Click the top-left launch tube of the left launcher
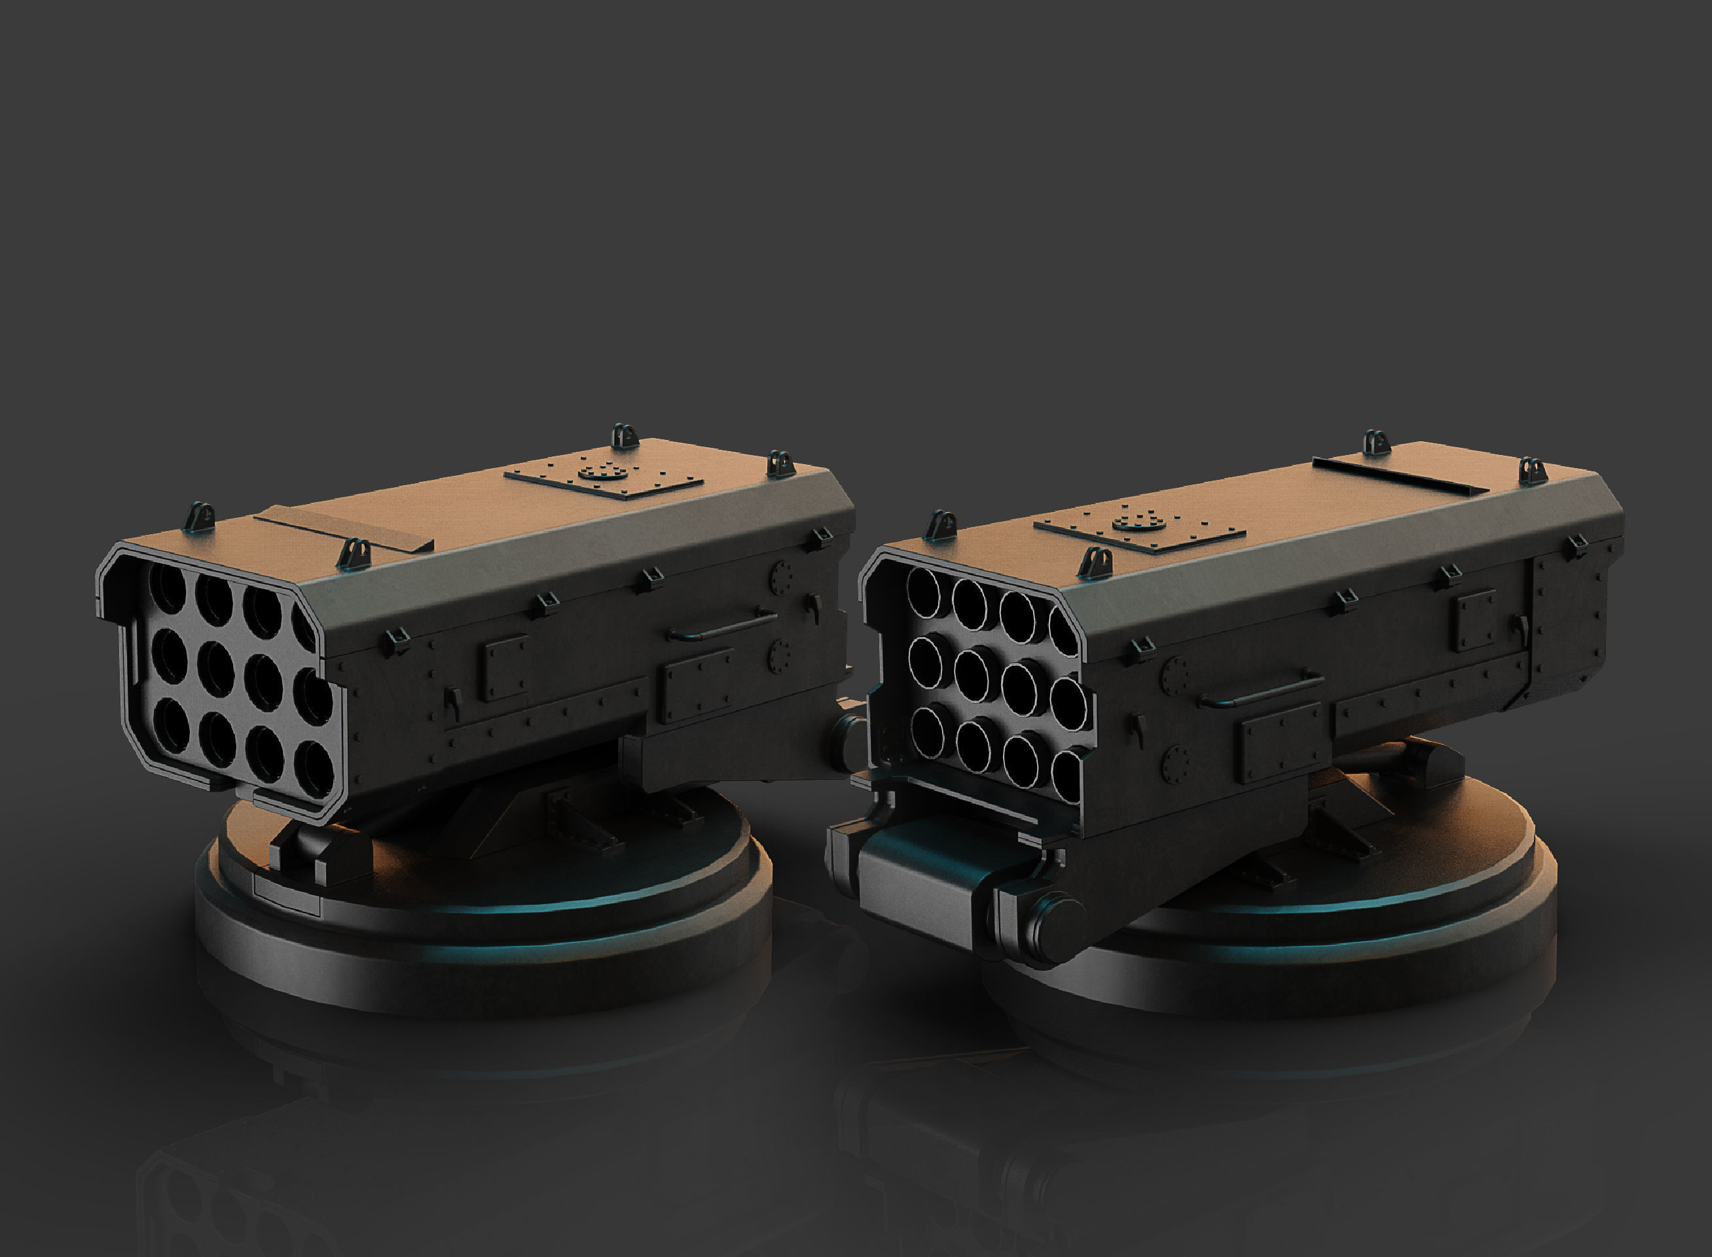(x=168, y=588)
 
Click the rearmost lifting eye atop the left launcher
(x=624, y=435)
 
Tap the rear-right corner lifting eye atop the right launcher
(x=1533, y=470)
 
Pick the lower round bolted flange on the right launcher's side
(x=1176, y=763)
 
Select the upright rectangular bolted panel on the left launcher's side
(x=503, y=667)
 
